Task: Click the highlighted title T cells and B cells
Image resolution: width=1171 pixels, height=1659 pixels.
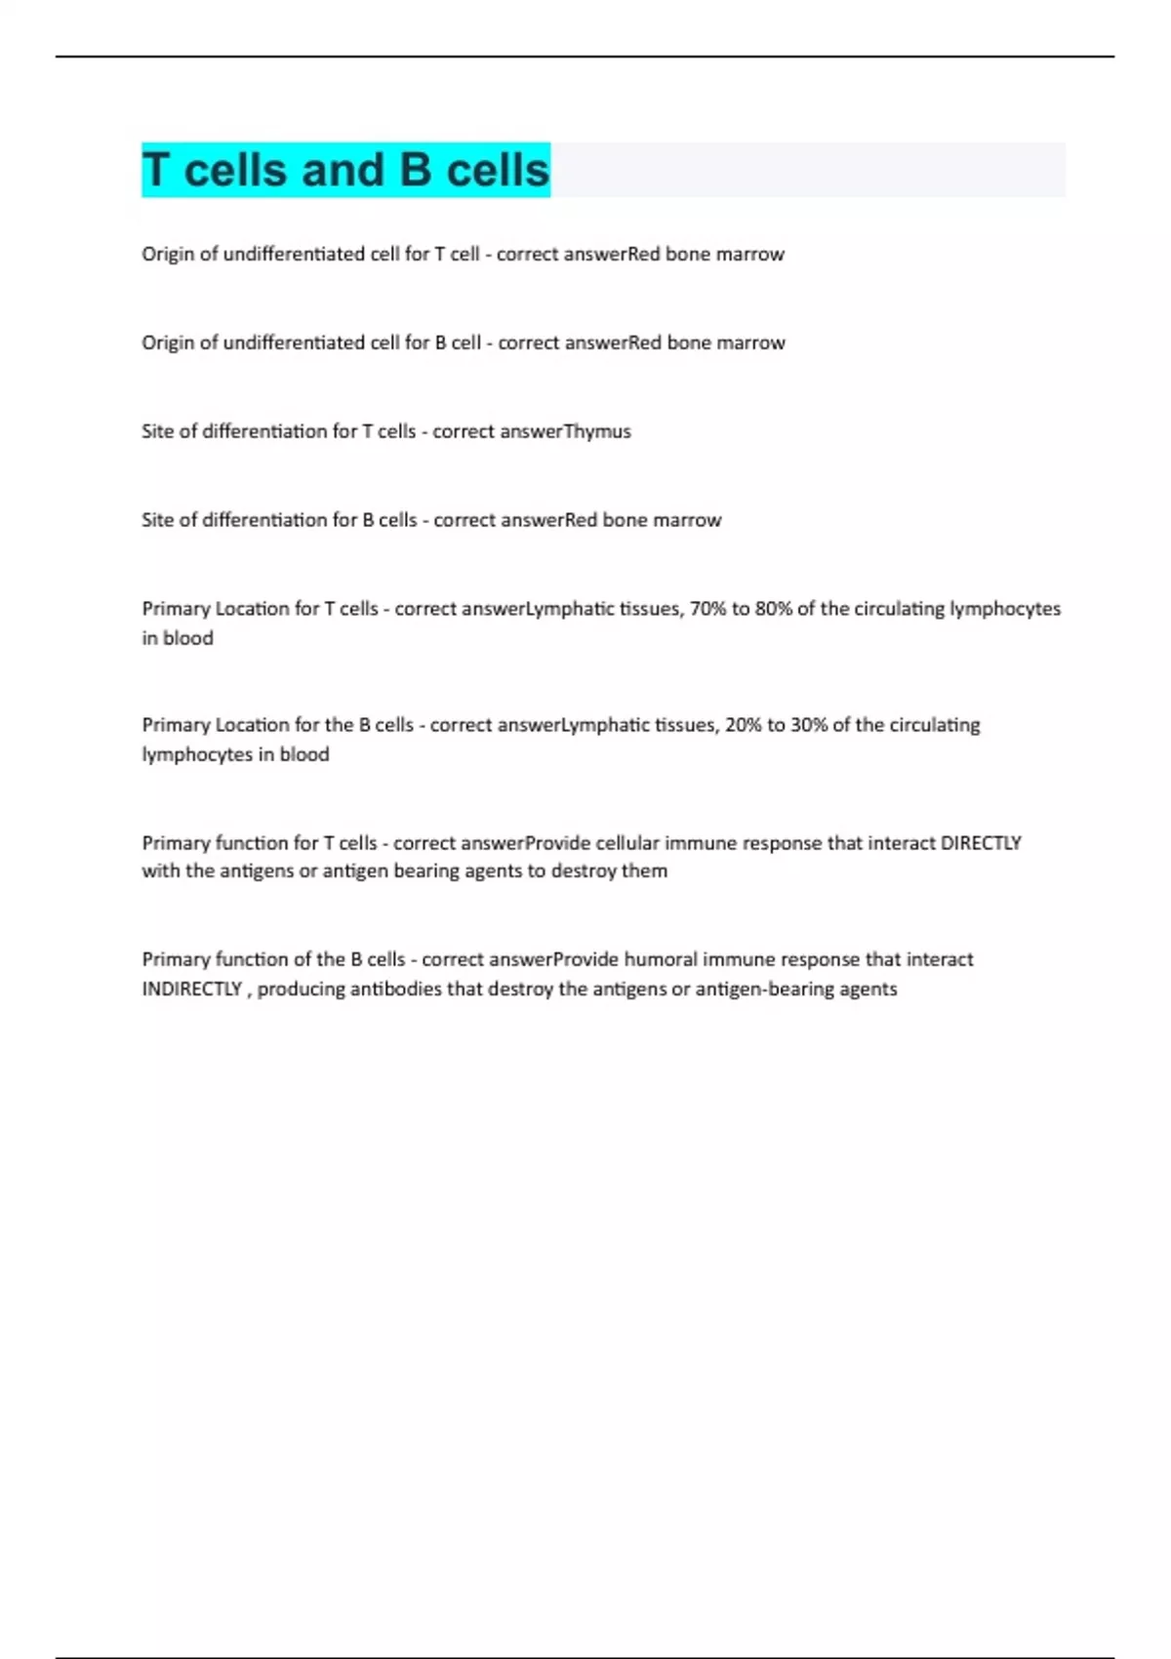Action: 345,170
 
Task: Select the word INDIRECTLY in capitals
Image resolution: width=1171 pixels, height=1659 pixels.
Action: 191,989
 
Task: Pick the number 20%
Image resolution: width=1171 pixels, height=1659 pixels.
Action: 744,725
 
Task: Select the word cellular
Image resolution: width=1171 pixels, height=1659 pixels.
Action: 627,842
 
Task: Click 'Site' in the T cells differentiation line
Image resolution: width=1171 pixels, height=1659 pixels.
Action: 157,431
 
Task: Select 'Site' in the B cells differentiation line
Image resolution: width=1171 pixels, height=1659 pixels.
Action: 157,520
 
